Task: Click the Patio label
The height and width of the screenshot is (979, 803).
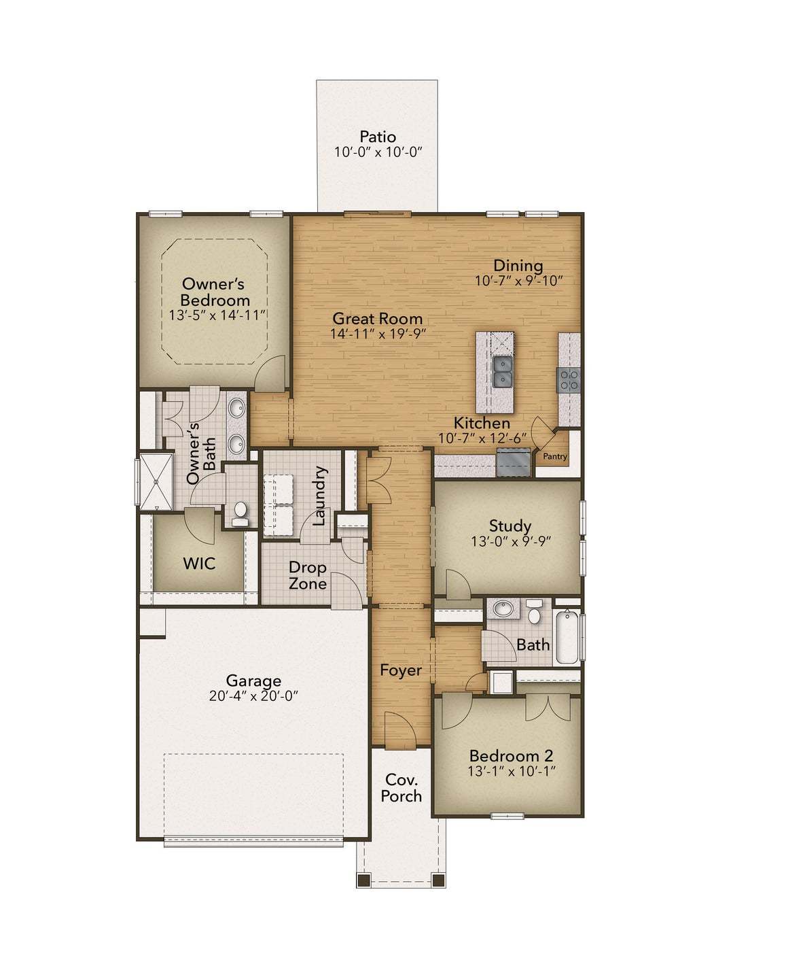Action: (x=378, y=137)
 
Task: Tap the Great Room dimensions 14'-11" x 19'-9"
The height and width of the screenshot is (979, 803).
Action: (x=378, y=334)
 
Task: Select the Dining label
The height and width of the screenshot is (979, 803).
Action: (x=518, y=266)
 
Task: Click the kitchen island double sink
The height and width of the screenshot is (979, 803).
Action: (x=503, y=372)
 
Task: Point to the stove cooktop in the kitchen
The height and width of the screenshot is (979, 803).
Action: (x=569, y=379)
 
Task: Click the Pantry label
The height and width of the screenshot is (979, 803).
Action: (x=555, y=457)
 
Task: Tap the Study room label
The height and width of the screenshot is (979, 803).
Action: (x=510, y=526)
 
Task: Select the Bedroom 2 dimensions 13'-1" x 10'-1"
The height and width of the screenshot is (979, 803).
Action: (x=512, y=772)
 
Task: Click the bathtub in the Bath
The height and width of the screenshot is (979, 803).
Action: (x=567, y=637)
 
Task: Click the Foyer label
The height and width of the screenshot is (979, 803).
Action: (x=401, y=670)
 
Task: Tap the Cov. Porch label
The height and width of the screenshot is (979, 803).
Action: (x=401, y=788)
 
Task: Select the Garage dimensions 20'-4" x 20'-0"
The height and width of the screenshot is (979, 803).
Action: (x=254, y=696)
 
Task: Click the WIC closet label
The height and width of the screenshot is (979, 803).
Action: (x=199, y=564)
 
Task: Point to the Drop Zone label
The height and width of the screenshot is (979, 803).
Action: (x=308, y=575)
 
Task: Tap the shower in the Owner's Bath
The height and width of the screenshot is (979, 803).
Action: (x=156, y=481)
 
